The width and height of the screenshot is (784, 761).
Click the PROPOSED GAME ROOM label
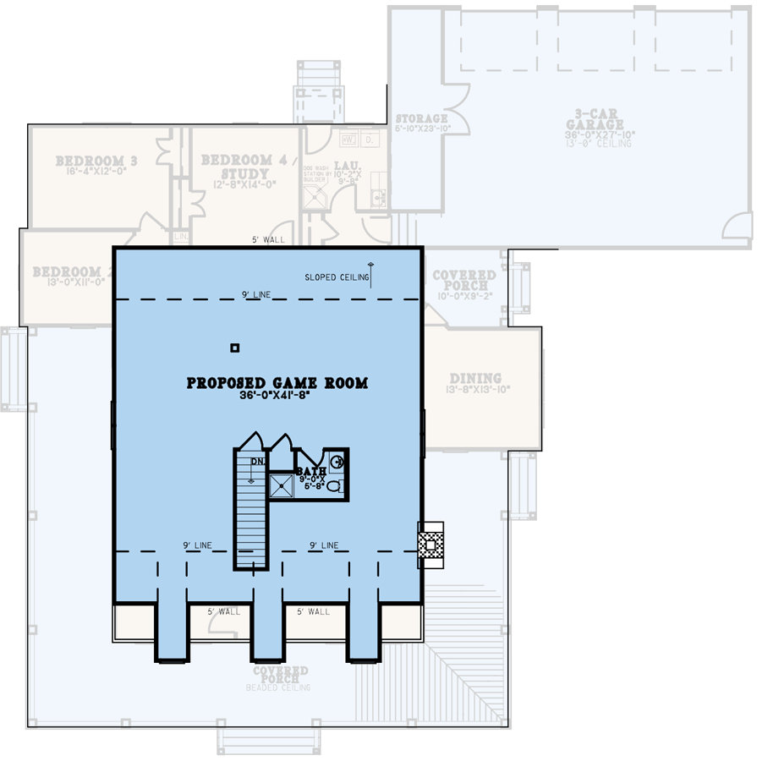[x=277, y=383]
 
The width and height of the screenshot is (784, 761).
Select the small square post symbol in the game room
[x=235, y=348]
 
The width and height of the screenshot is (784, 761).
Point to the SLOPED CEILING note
[x=337, y=277]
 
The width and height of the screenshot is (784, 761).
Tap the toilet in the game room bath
[x=334, y=487]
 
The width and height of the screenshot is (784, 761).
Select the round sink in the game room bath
[x=337, y=462]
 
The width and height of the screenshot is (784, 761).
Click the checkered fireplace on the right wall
[x=431, y=545]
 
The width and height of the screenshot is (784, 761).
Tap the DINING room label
[x=474, y=378]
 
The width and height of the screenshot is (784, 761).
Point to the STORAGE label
[x=421, y=119]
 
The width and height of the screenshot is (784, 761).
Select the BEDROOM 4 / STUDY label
[x=237, y=167]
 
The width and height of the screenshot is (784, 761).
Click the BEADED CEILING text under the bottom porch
[x=278, y=688]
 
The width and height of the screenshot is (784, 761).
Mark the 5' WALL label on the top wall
[x=268, y=240]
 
